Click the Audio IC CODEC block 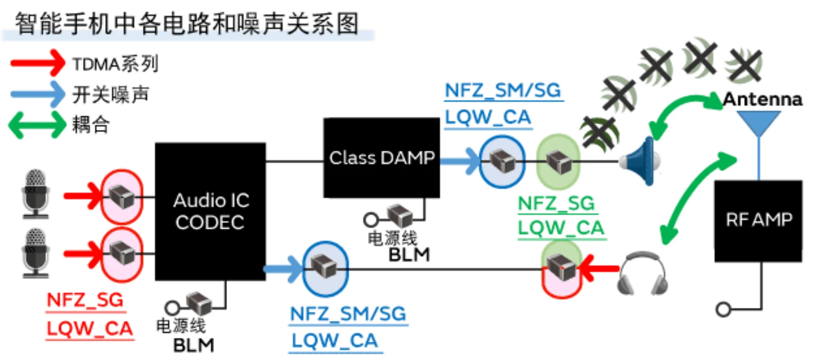(x=210, y=212)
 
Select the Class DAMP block (x=382, y=158)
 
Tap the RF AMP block (x=758, y=221)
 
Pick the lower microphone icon (x=36, y=253)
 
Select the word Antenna (x=763, y=99)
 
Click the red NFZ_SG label (x=85, y=300)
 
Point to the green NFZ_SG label (x=556, y=204)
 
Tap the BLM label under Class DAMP (x=409, y=255)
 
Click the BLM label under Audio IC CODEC (x=194, y=346)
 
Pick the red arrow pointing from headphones (x=599, y=268)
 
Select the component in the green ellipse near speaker (x=558, y=161)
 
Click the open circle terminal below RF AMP (x=724, y=309)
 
